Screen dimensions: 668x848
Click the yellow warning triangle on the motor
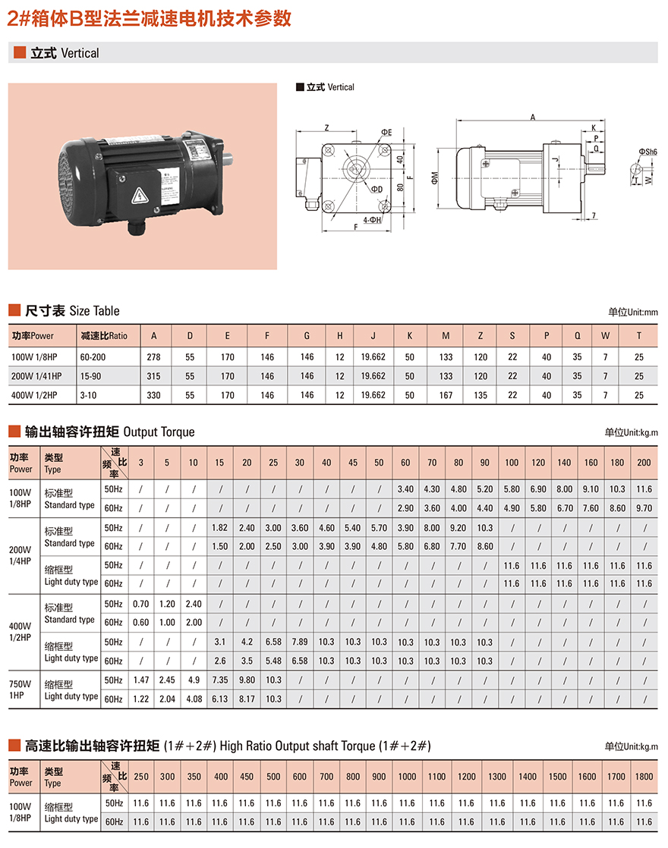point(140,195)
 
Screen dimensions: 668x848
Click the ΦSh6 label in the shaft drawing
point(648,152)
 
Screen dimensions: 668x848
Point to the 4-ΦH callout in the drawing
point(372,220)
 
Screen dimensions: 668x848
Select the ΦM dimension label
point(435,178)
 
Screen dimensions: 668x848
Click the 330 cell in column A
point(154,395)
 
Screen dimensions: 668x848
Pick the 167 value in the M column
point(446,395)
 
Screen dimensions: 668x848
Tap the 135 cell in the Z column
point(481,395)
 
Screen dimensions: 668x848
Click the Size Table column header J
point(373,336)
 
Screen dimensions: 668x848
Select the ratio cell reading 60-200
point(93,357)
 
